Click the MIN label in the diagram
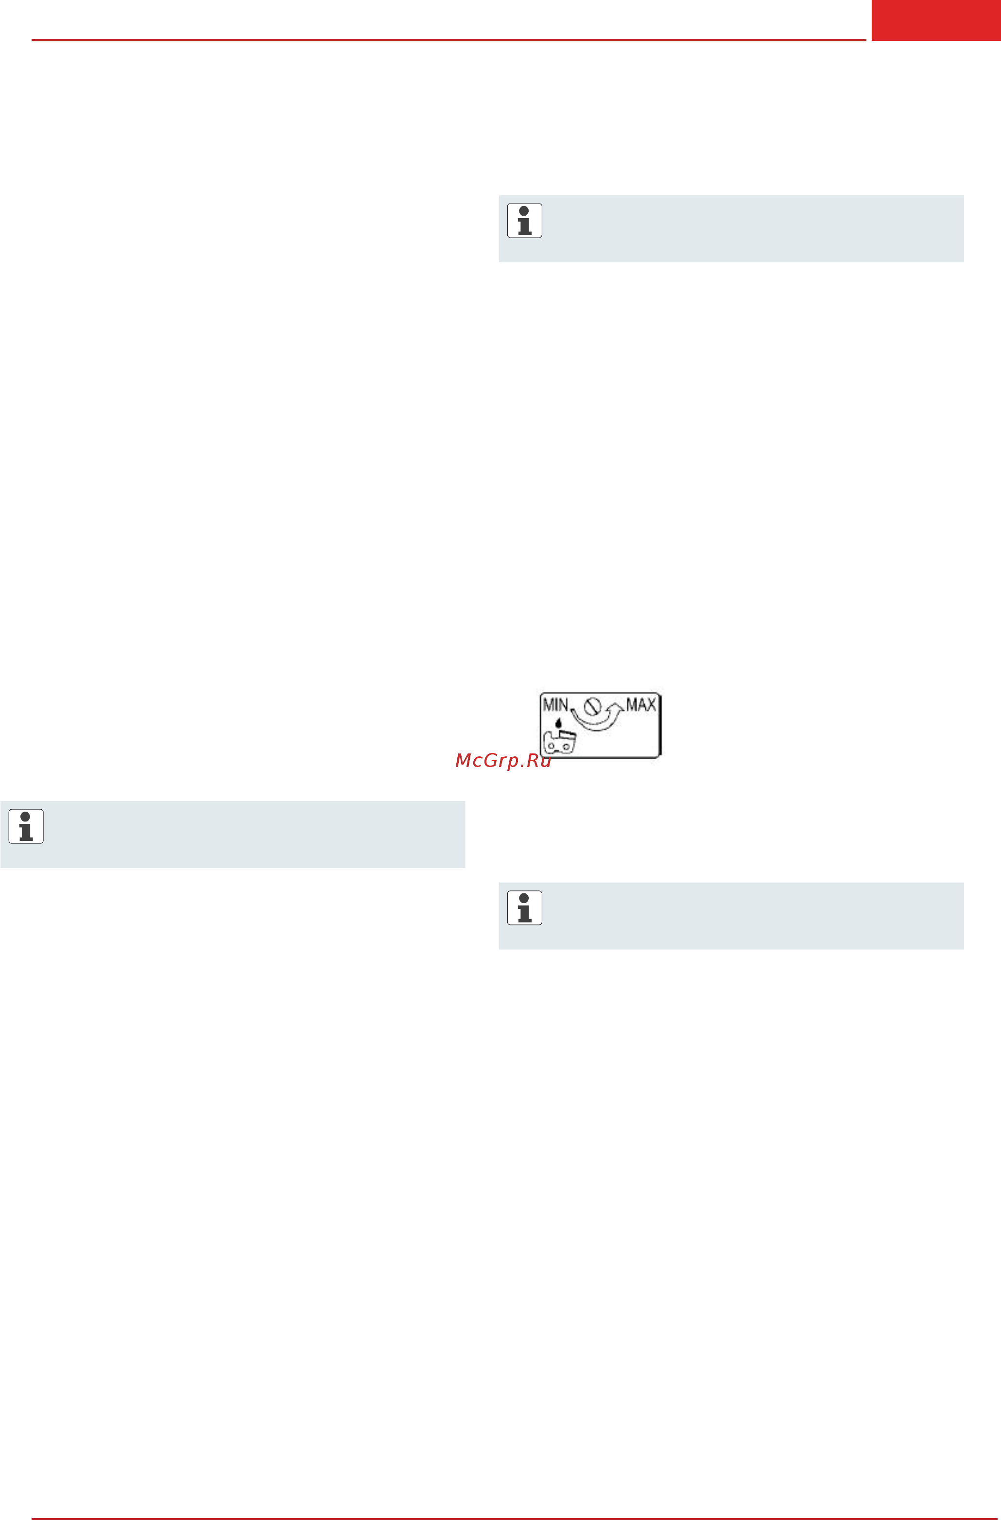pos(554,704)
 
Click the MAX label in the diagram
pos(641,704)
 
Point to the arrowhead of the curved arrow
pos(616,707)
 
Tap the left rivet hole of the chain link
pos(551,747)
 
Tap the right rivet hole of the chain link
pos(566,747)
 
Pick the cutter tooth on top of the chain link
pos(567,734)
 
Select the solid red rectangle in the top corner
pos(936,20)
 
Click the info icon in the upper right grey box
pos(524,221)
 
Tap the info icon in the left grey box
pos(26,826)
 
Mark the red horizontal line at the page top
pos(449,40)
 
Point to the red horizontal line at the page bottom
pos(516,1518)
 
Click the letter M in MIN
pos(548,704)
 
